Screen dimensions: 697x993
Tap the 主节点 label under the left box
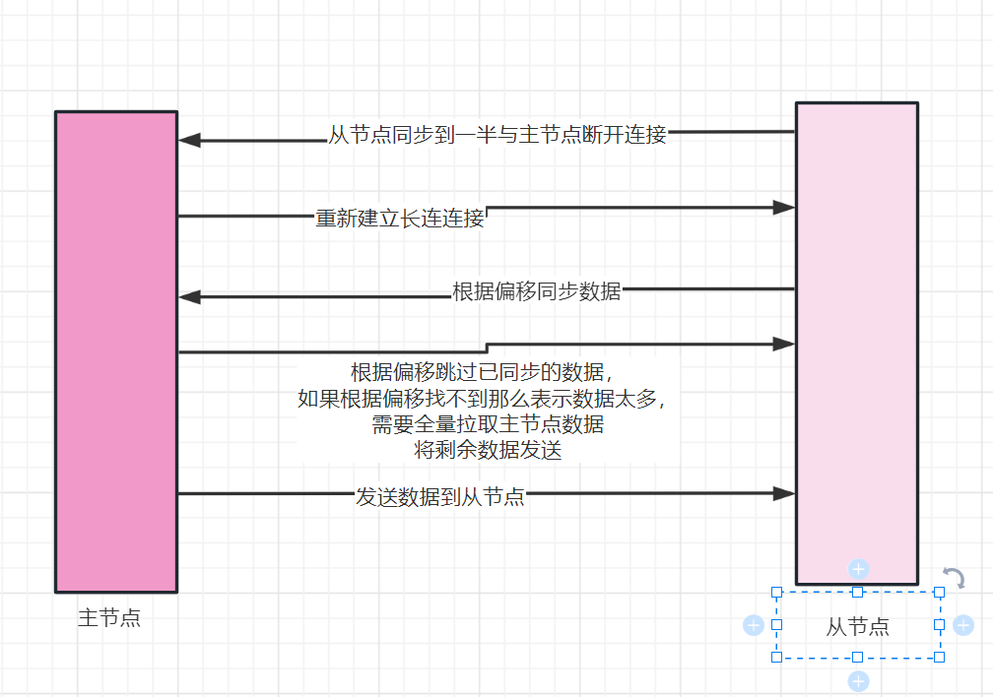(x=109, y=618)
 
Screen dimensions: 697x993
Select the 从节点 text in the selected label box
(x=857, y=626)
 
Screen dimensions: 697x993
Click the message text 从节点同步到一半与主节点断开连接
(x=497, y=135)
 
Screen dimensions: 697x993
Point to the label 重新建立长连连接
(x=400, y=218)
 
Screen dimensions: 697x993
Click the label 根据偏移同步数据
(x=537, y=291)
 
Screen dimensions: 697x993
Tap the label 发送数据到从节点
(x=440, y=496)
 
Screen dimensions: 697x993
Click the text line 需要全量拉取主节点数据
(x=488, y=425)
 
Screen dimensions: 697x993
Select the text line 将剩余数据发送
(x=488, y=451)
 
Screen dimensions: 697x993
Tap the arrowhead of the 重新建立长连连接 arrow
(x=784, y=208)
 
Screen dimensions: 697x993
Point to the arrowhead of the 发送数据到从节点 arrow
(x=784, y=493)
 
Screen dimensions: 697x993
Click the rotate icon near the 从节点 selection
(x=953, y=577)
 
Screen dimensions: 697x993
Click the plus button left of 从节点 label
(x=754, y=625)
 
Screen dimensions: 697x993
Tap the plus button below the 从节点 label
(x=858, y=681)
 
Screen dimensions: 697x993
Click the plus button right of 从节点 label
(x=963, y=625)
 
